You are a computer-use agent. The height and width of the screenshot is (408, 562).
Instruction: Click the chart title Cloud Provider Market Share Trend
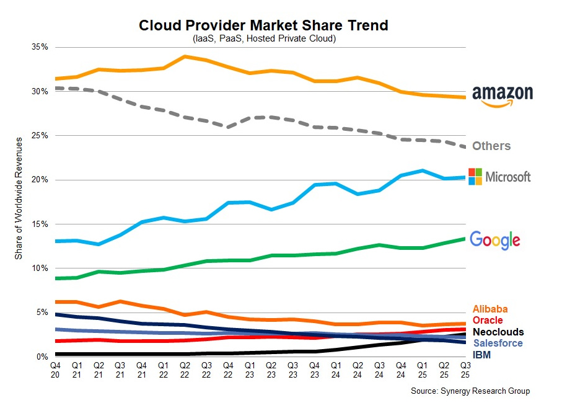click(263, 25)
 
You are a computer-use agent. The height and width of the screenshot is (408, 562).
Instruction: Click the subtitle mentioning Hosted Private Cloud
click(263, 38)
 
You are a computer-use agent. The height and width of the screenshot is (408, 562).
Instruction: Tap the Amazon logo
click(502, 95)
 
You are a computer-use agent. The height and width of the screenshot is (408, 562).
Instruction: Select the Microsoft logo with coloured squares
click(499, 177)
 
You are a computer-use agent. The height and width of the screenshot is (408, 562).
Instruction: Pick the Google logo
click(494, 240)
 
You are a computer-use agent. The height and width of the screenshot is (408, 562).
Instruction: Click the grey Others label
click(491, 146)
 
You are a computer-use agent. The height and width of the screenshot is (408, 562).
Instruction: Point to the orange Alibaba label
click(490, 309)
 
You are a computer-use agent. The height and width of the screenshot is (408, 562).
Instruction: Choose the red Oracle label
click(487, 321)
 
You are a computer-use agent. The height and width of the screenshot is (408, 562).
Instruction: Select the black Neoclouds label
click(498, 332)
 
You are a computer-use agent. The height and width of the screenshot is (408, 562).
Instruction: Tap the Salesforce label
click(498, 343)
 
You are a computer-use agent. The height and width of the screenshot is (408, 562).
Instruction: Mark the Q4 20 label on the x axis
click(56, 370)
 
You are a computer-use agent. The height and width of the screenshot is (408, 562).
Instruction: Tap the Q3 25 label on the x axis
click(465, 370)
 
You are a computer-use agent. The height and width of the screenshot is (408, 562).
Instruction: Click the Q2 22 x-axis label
click(185, 370)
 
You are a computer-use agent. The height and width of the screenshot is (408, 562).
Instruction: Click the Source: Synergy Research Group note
click(470, 391)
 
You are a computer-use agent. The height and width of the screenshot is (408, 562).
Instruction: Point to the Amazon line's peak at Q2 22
click(185, 56)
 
